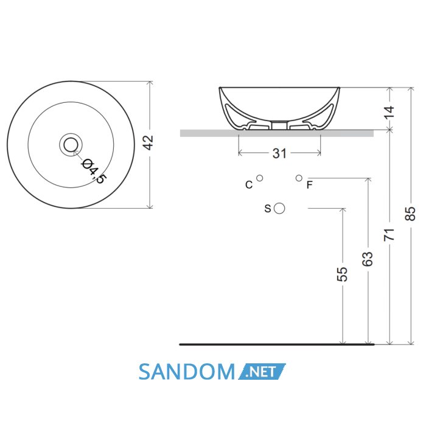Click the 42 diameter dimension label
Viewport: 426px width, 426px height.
(148, 142)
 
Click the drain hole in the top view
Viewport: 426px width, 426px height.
(71, 145)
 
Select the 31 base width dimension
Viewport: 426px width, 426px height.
(279, 153)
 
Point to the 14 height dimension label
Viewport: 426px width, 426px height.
(389, 111)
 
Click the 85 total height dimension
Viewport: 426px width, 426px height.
(411, 214)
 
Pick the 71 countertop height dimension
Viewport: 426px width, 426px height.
(389, 235)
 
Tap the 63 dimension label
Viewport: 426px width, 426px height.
(368, 259)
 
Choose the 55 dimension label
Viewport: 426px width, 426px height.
(342, 274)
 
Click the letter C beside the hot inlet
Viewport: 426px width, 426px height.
(249, 185)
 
